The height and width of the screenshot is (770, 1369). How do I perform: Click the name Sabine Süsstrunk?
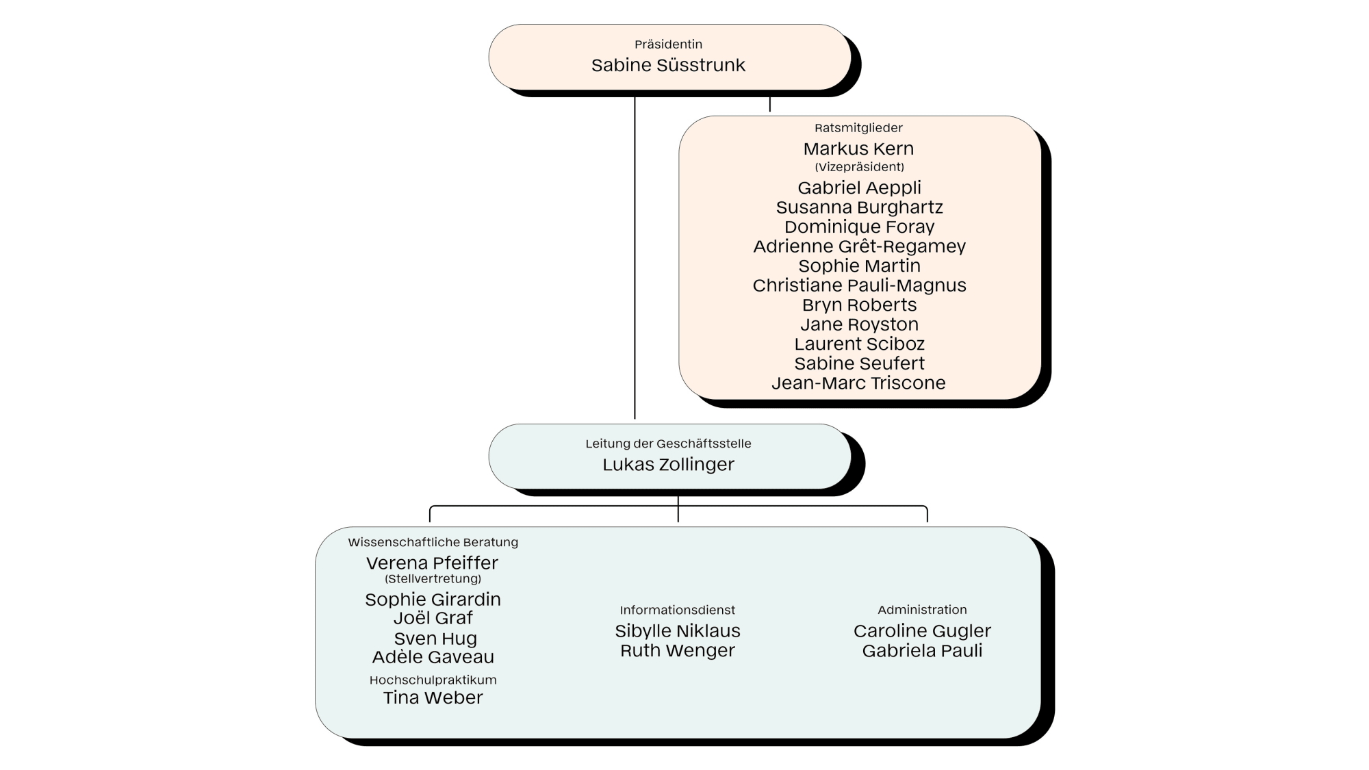click(668, 65)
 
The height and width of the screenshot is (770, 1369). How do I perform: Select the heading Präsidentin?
click(668, 44)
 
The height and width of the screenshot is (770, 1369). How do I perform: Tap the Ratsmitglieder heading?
click(858, 128)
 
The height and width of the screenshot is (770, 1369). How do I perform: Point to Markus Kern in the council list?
click(858, 149)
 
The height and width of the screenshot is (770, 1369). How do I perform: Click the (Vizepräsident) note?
click(859, 167)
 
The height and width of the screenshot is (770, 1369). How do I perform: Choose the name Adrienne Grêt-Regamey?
click(859, 246)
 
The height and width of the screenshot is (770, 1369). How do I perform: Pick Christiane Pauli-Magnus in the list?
click(859, 285)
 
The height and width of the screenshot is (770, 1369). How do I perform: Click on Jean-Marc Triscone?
click(858, 383)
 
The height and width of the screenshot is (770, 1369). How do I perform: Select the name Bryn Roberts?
click(859, 305)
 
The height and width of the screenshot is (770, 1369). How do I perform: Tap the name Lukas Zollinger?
click(668, 465)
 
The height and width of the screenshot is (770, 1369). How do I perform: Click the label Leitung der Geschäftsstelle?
click(668, 444)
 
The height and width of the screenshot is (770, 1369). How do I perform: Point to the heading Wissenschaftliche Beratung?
click(433, 542)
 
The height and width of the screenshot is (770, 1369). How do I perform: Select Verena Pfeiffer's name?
click(432, 563)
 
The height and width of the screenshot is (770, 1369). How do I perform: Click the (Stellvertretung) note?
click(433, 579)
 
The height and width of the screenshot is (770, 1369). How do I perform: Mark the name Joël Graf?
click(433, 618)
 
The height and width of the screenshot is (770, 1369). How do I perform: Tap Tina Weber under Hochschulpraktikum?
click(433, 697)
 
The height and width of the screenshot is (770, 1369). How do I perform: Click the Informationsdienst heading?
click(678, 610)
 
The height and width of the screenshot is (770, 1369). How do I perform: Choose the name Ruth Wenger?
click(678, 651)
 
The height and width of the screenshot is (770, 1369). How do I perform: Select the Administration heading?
click(922, 610)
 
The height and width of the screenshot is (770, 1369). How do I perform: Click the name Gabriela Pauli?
click(922, 651)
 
